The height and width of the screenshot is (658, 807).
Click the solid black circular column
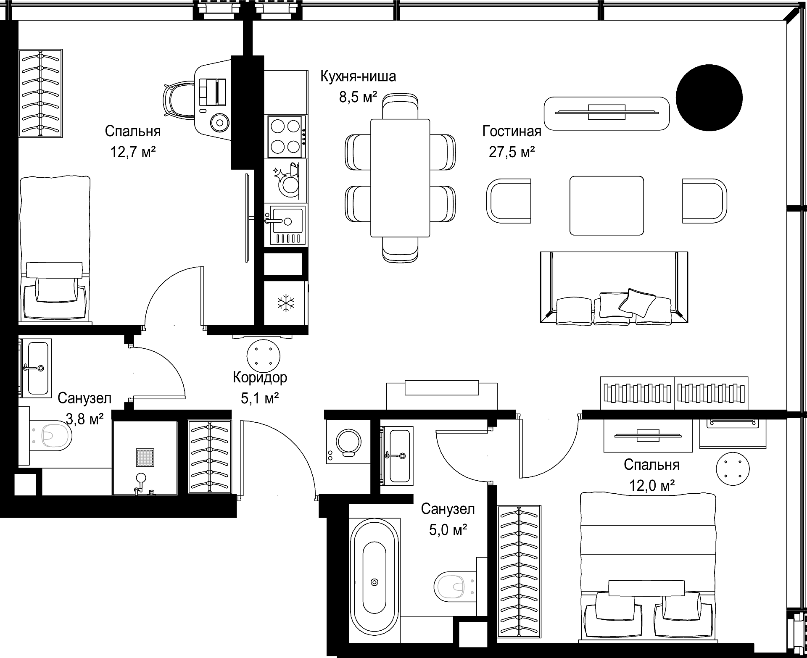click(709, 97)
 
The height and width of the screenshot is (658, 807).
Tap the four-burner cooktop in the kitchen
click(285, 137)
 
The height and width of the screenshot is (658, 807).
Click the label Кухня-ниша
click(358, 77)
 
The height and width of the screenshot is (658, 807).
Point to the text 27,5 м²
click(512, 152)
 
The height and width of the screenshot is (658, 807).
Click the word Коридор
click(260, 377)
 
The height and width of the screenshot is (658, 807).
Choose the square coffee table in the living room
click(607, 205)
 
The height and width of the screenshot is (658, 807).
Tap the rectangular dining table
click(400, 178)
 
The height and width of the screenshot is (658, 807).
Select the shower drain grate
click(145, 457)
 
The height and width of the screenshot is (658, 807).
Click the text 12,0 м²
click(651, 486)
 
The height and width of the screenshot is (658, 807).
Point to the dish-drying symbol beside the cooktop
click(286, 179)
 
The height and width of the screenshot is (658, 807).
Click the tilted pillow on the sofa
click(637, 303)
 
